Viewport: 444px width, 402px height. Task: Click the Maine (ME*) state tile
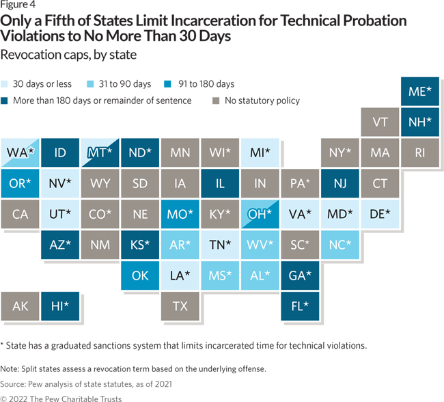(x=419, y=92)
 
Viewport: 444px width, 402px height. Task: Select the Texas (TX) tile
(x=180, y=306)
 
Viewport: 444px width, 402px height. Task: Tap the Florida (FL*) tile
(x=299, y=306)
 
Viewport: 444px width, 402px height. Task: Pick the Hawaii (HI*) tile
(x=60, y=306)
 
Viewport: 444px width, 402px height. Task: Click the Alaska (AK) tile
(x=20, y=306)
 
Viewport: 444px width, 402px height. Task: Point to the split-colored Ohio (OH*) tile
(x=260, y=214)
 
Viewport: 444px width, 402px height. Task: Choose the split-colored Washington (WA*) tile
(x=20, y=152)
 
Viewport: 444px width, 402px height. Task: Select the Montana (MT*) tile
(x=100, y=152)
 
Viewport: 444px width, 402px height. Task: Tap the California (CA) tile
(x=20, y=214)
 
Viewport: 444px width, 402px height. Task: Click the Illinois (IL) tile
(x=220, y=183)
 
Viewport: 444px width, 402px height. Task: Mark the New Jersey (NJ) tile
(x=339, y=183)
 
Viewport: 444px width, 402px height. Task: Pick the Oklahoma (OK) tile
(x=140, y=276)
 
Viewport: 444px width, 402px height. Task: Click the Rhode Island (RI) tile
(x=419, y=152)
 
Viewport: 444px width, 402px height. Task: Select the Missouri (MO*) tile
(x=180, y=214)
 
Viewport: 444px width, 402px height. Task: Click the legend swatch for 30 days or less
(x=7, y=84)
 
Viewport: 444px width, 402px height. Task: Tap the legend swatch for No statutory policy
(x=216, y=100)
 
